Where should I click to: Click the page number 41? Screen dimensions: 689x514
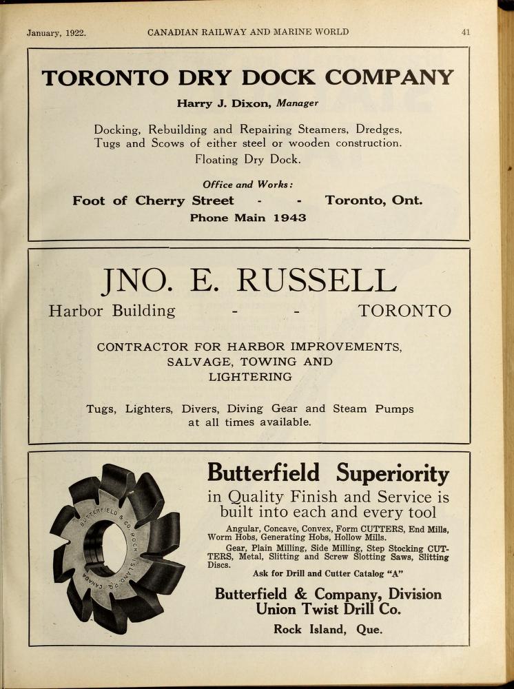466,32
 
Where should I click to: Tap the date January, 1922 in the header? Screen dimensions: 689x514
56,32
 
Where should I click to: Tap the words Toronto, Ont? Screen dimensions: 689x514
374,201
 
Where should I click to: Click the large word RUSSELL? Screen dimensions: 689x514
316,280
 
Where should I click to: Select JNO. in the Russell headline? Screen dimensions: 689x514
134,280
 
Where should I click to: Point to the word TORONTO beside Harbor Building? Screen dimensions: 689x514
405,311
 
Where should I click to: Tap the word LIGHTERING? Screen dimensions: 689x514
250,377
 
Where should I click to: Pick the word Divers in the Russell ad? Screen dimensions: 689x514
200,409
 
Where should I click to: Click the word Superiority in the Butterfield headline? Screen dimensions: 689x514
393,474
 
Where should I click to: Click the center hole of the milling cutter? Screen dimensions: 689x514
105,548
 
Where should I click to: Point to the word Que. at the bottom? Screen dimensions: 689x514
369,629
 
